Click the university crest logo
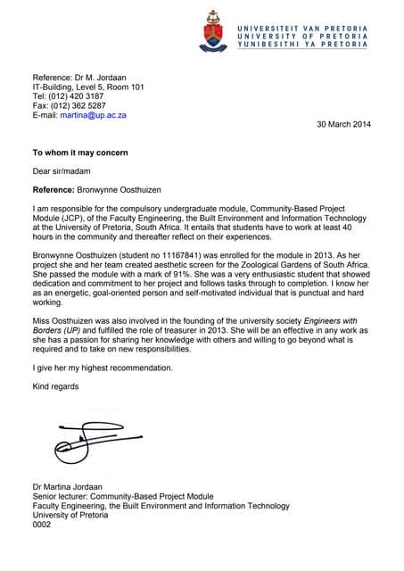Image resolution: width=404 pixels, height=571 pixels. click(212, 31)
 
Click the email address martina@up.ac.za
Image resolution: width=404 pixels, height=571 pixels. click(93, 115)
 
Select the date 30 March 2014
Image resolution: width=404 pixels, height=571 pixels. click(343, 124)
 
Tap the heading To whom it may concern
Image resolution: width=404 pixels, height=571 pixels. click(80, 153)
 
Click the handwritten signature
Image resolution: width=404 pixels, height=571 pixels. click(89, 437)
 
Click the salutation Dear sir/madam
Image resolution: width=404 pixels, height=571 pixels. click(62, 171)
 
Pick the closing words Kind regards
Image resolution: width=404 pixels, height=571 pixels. click(56, 386)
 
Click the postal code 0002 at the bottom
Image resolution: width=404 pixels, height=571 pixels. click(42, 525)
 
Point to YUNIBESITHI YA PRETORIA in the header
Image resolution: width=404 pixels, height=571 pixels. click(301, 44)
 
